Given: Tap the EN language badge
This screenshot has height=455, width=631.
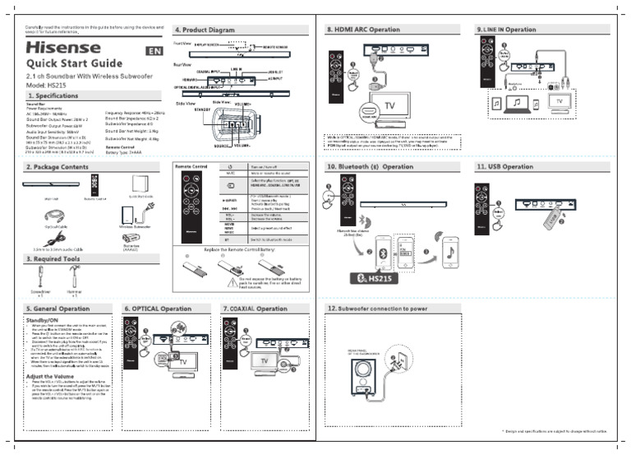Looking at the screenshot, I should pos(154,52).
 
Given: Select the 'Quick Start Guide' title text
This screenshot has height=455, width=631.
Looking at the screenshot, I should pos(75,65).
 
